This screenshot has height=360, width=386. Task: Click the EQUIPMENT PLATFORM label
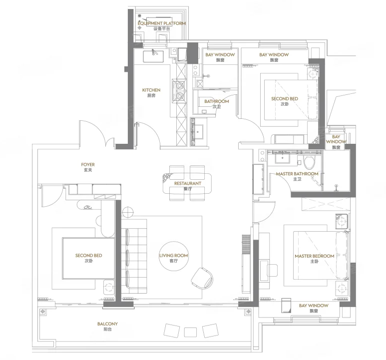tap(162, 23)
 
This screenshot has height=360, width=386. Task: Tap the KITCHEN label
tap(151, 90)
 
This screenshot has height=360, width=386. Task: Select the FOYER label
tap(88, 164)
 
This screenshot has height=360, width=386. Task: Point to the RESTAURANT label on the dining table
tap(188, 183)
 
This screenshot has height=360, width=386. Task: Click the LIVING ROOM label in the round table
tap(174, 256)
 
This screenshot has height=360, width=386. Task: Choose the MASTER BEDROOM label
tap(315, 256)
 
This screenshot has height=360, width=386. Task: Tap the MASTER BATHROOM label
tap(297, 174)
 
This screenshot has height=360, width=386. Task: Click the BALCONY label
tap(107, 324)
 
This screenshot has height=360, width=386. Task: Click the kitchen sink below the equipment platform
tap(153, 56)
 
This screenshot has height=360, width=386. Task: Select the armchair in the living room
tap(202, 278)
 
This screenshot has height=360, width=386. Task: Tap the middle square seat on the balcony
tap(191, 332)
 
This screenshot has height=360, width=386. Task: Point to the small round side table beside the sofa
tap(128, 212)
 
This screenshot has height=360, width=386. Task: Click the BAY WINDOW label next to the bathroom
tap(220, 54)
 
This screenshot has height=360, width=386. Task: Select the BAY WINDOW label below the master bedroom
tap(314, 306)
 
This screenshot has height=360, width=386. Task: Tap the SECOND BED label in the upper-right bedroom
tap(285, 99)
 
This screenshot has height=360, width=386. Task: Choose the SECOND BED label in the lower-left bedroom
tap(88, 256)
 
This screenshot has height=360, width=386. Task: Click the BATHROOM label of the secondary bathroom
tap(217, 101)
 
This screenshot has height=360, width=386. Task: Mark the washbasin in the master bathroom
tap(282, 158)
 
